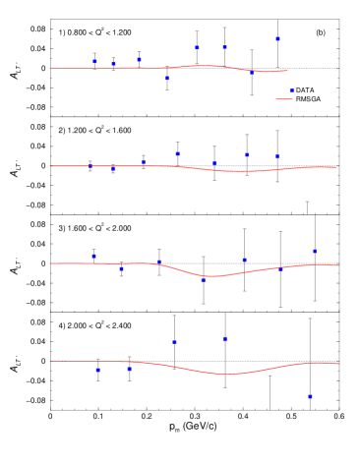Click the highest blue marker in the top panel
[277, 39]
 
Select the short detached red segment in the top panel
[284, 99]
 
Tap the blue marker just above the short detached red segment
[291, 90]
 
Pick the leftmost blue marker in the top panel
[94, 61]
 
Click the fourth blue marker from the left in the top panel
[166, 78]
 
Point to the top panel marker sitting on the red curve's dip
[251, 72]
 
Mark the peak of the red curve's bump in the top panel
[204, 66]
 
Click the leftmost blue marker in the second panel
[90, 166]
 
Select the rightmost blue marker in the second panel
[276, 156]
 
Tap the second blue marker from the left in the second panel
[113, 169]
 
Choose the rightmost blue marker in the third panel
[315, 251]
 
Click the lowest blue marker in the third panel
[204, 280]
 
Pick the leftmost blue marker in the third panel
[93, 256]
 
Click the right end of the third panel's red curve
[338, 265]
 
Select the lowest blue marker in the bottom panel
[310, 396]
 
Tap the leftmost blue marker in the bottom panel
[97, 370]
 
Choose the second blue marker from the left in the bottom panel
[129, 369]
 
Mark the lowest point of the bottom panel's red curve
[227, 374]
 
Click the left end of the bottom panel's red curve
[50, 361]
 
